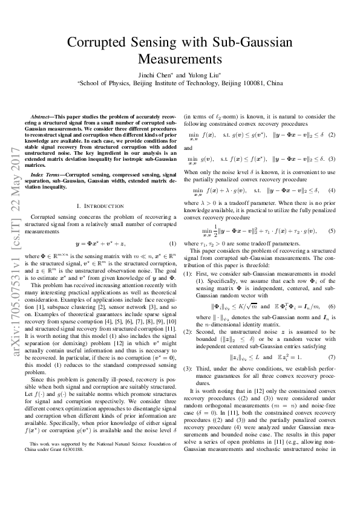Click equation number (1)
[x=172, y=244]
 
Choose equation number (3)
[x=332, y=159]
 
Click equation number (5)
[x=332, y=231]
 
